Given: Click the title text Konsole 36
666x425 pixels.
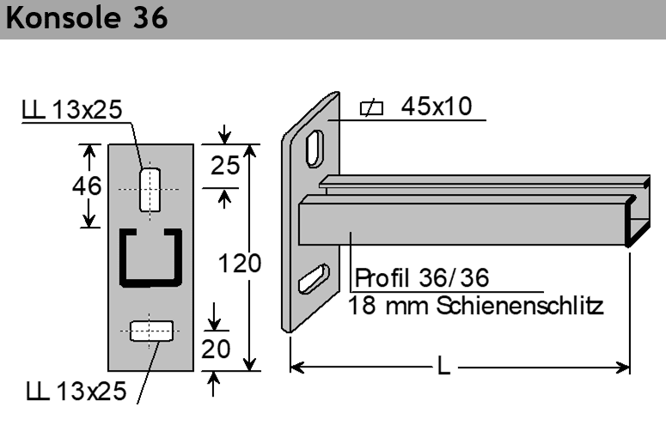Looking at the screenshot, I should pyautogui.click(x=87, y=19).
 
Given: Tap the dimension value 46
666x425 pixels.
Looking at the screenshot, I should pyautogui.click(x=87, y=185).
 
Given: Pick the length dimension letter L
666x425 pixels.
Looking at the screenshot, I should pyautogui.click(x=443, y=367).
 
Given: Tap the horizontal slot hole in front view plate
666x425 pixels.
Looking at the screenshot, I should pyautogui.click(x=150, y=331).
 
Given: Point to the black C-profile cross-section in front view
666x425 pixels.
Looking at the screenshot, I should pyautogui.click(x=149, y=258).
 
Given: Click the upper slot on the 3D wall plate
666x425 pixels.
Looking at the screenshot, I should pyautogui.click(x=315, y=149).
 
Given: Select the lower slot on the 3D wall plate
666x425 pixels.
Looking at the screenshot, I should pyautogui.click(x=313, y=279).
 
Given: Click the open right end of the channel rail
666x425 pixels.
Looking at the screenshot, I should pyautogui.click(x=637, y=225).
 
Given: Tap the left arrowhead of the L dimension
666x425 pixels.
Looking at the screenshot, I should pyautogui.click(x=296, y=367).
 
